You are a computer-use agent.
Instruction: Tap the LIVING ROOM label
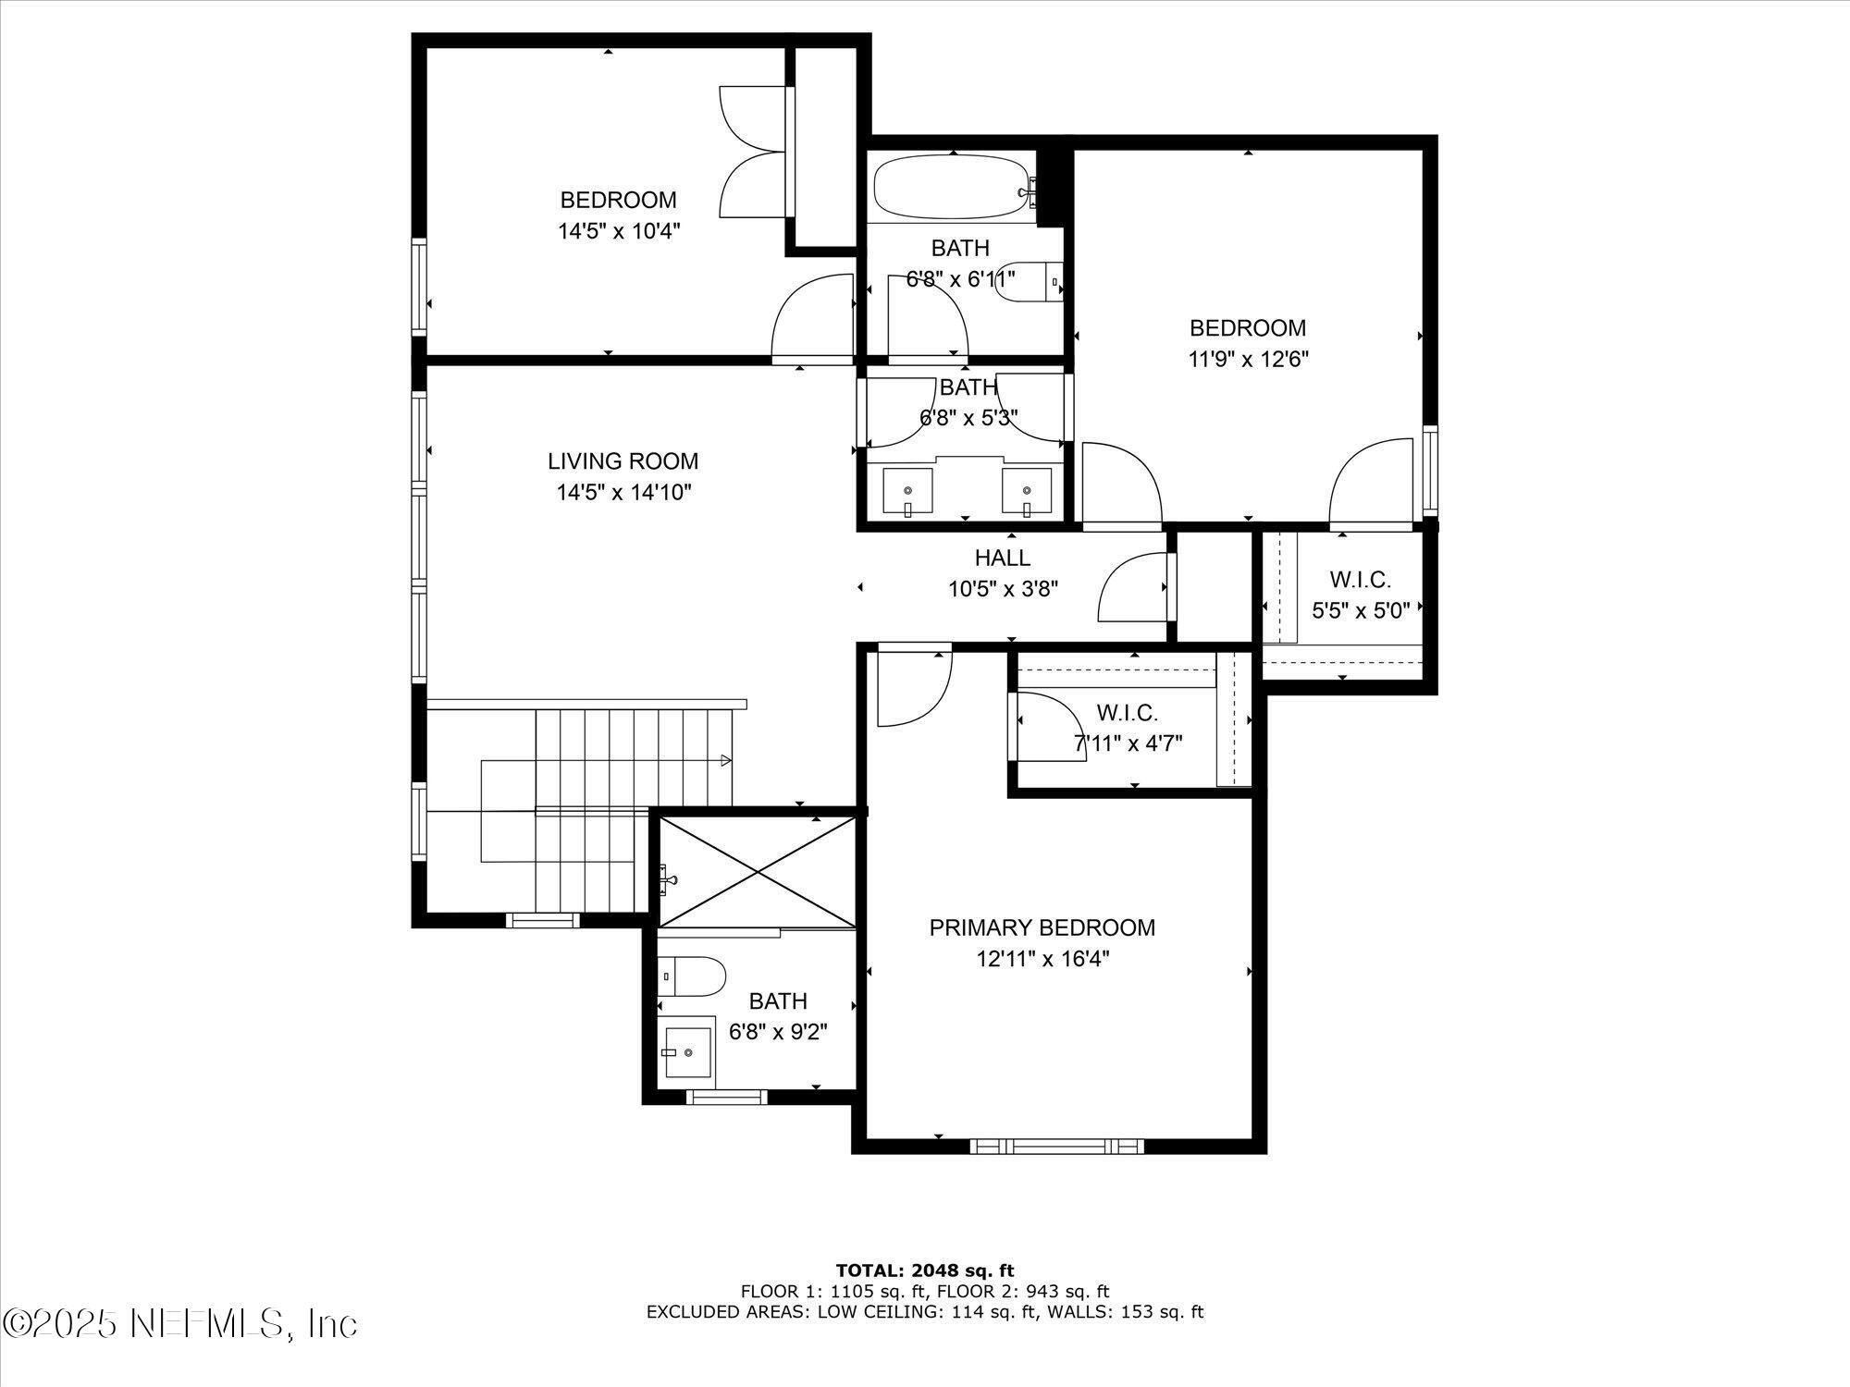623,461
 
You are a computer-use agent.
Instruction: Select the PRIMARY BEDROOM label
1042,927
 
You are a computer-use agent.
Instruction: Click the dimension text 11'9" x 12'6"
1248,359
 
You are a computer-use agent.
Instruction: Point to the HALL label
1002,558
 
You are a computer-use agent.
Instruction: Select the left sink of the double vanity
906,491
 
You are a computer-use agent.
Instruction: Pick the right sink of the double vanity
1027,491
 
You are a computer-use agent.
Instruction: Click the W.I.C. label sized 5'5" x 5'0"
1360,580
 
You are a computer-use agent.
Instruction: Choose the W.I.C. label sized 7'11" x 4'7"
1127,713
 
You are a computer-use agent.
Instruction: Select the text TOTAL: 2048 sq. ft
924,1270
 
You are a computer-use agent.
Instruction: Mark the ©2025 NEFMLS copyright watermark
180,1323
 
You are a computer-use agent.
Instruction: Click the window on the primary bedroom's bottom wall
1056,1146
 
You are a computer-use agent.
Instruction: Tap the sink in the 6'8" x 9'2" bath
687,1051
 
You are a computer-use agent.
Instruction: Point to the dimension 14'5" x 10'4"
618,231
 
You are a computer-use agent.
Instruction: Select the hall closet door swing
1130,590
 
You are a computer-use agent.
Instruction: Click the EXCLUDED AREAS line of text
924,1311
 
